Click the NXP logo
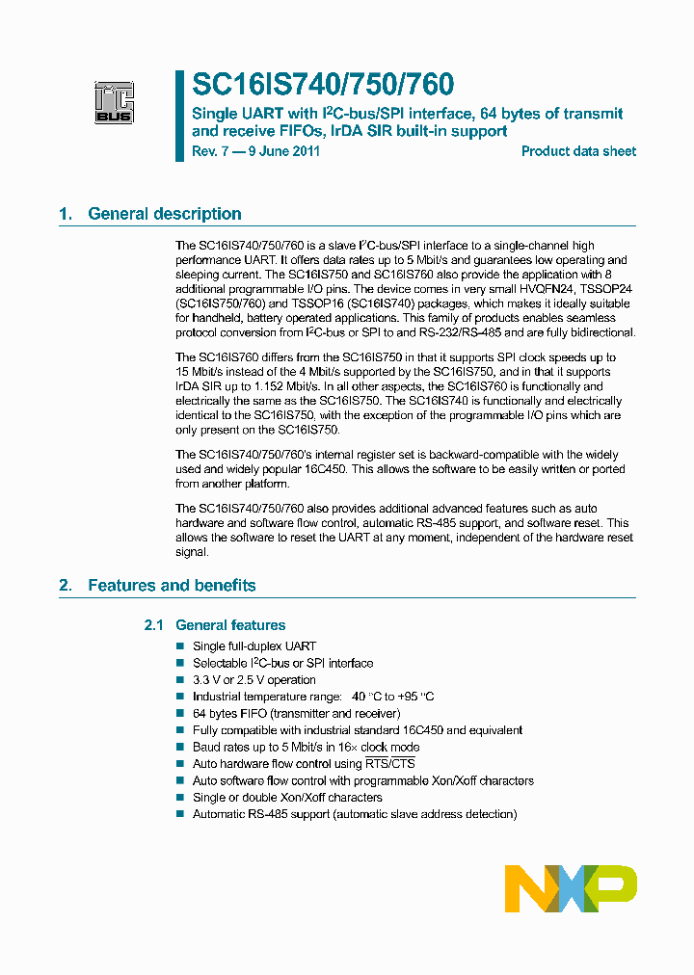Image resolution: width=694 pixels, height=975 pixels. click(571, 887)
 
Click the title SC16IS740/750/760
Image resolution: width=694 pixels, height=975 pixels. click(323, 86)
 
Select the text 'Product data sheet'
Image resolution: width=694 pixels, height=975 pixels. click(578, 151)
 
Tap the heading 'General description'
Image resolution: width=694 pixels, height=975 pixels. click(165, 214)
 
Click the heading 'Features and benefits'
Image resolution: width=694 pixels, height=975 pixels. click(172, 585)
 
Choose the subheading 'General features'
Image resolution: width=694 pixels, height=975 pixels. click(230, 625)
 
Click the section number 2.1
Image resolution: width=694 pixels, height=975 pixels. click(155, 625)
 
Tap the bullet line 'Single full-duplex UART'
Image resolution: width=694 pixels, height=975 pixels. click(254, 646)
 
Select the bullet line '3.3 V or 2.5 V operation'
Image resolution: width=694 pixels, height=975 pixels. click(254, 680)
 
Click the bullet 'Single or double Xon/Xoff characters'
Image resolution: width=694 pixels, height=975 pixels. click(287, 798)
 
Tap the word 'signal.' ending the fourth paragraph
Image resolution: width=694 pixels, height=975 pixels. click(192, 552)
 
